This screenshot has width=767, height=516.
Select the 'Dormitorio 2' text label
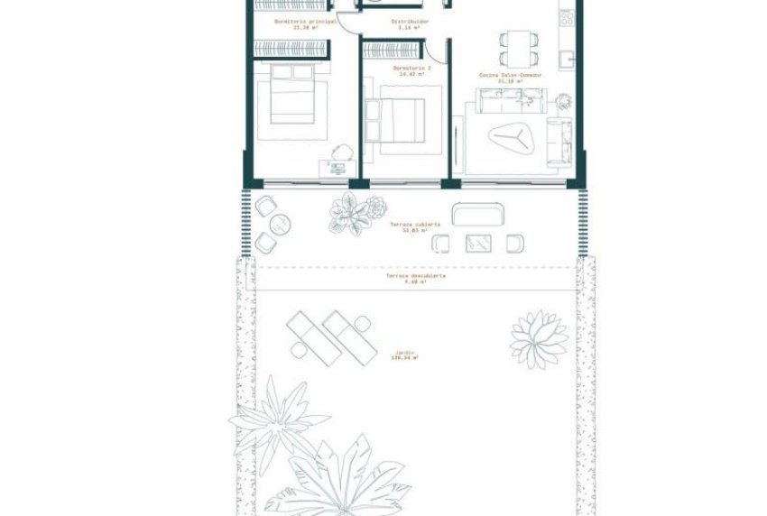point(411,69)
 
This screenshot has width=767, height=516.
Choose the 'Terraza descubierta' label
point(416,278)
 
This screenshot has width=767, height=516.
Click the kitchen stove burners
point(568,18)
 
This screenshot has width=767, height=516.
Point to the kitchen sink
point(566,59)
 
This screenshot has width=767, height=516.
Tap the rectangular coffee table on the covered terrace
point(477,243)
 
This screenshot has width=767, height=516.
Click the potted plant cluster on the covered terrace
point(353,214)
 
